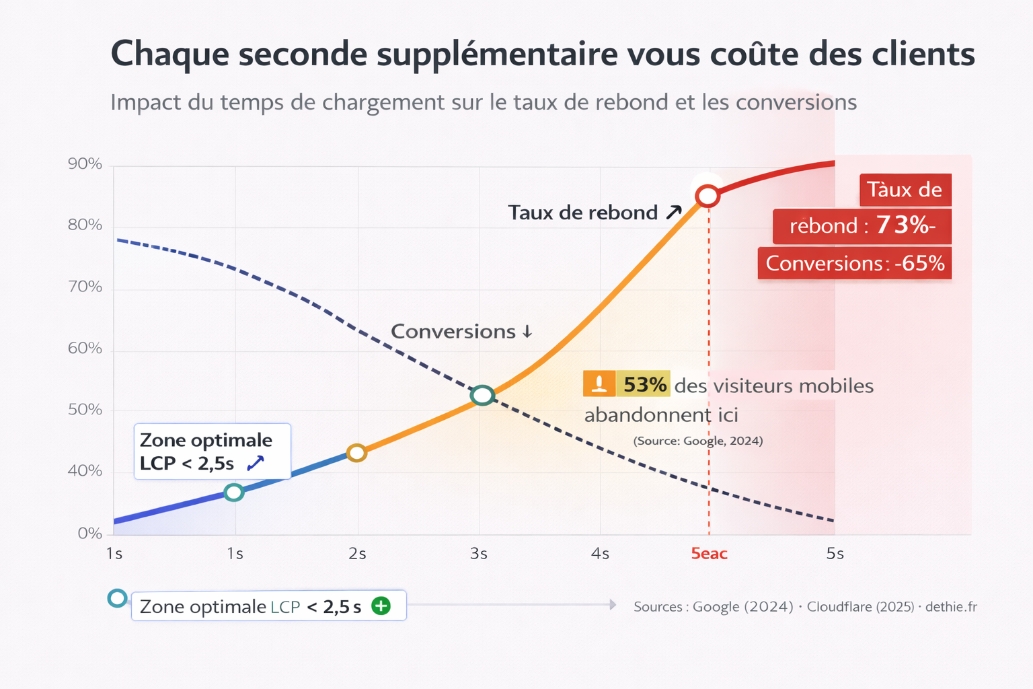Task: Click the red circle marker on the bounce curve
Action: point(707,196)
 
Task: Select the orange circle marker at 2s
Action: point(356,453)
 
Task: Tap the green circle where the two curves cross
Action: point(482,396)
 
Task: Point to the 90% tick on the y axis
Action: point(85,164)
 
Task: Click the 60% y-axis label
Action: point(85,349)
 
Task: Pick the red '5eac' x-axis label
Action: point(709,554)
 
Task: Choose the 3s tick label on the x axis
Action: point(479,554)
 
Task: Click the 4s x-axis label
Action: point(600,554)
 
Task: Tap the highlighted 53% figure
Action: point(644,385)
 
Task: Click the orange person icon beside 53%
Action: point(599,384)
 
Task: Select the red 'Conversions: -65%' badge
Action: point(854,263)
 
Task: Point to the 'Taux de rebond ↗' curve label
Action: point(595,213)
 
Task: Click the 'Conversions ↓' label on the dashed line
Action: point(461,332)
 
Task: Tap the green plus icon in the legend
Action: point(381,606)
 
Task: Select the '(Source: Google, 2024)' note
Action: point(697,441)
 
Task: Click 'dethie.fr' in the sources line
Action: point(950,607)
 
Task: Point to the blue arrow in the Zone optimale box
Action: point(256,463)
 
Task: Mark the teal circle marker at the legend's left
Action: point(118,598)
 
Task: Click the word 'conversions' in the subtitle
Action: point(796,102)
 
